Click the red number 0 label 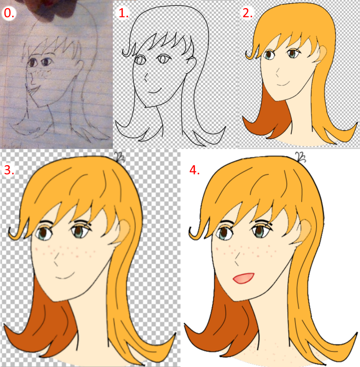[9, 13]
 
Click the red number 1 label [123, 13]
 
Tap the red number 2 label [248, 13]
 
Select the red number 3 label [9, 170]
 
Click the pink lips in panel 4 [243, 278]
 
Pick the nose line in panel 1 [146, 77]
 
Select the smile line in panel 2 [283, 84]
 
